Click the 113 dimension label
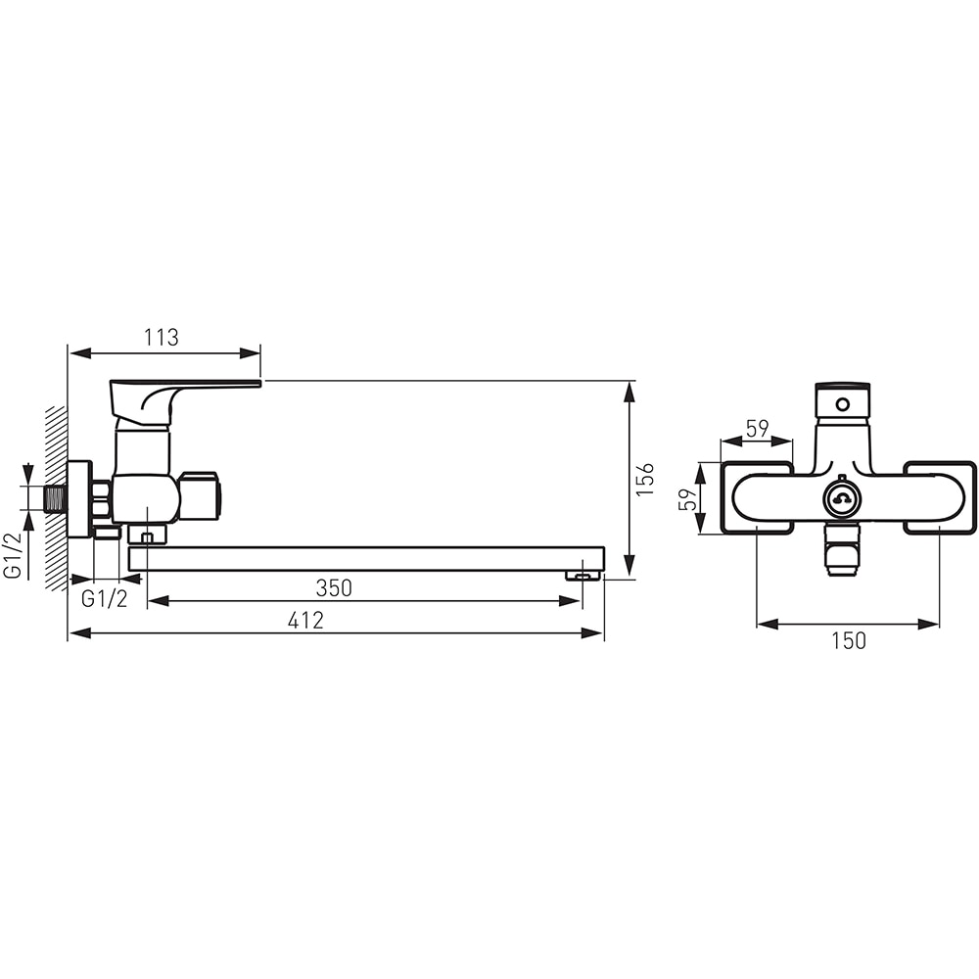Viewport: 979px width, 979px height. click(162, 338)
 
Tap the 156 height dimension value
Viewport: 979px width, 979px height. click(644, 480)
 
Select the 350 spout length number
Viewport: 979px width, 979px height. click(334, 588)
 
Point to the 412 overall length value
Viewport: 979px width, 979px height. click(305, 621)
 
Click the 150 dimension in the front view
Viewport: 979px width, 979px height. click(849, 641)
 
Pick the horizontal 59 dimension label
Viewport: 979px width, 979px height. click(757, 429)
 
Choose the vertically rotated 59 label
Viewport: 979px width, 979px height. click(687, 499)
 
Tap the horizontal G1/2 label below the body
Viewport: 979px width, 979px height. click(105, 599)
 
